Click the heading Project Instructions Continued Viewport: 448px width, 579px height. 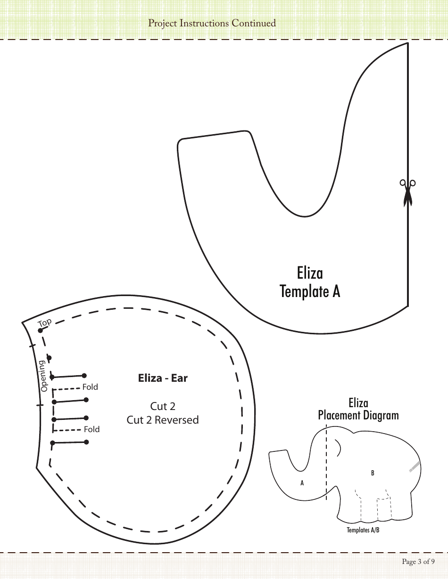(x=212, y=23)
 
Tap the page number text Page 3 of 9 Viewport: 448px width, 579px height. (x=418, y=561)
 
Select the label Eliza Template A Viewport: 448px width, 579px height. (x=310, y=282)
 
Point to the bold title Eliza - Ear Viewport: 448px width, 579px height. (x=163, y=378)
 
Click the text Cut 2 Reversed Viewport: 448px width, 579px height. (x=163, y=419)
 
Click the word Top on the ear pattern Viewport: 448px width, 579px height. (x=45, y=323)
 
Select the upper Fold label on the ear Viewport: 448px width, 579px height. (x=90, y=387)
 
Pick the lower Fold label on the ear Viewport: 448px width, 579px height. (x=91, y=429)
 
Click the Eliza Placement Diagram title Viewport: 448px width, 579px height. (x=358, y=409)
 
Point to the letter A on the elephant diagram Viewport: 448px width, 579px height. (x=302, y=483)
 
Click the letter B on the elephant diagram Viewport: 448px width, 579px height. (x=373, y=473)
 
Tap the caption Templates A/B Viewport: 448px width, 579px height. (x=363, y=530)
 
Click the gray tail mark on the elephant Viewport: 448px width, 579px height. (x=414, y=466)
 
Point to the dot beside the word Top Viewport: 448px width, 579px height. (x=40, y=330)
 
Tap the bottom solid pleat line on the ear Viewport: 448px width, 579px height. (x=69, y=442)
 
